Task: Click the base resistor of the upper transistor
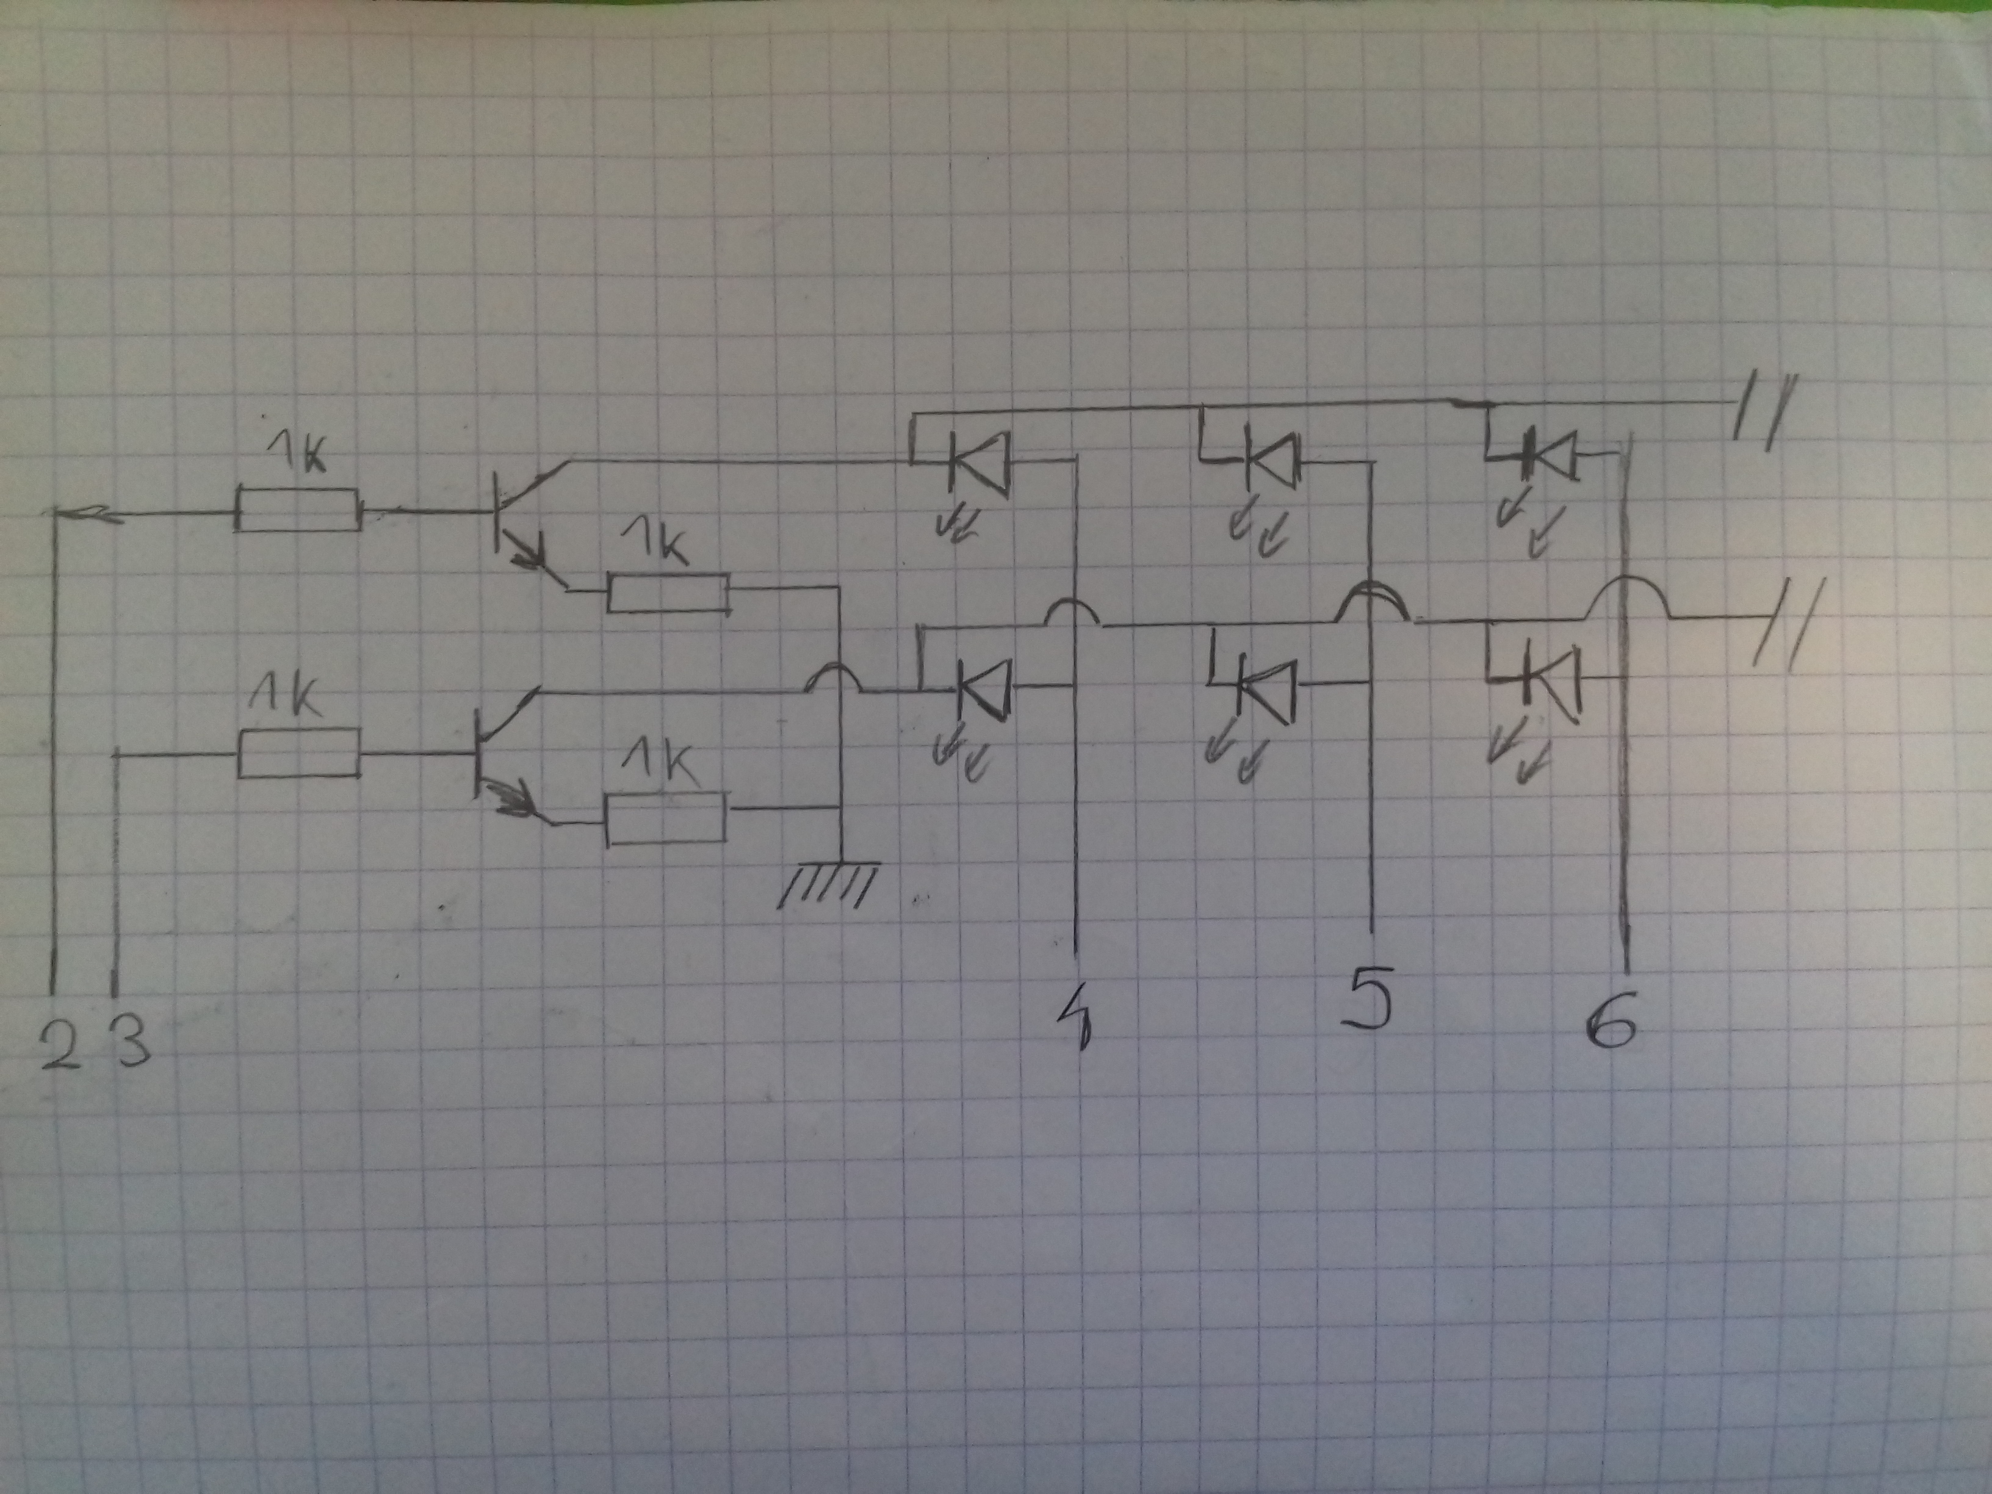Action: coord(298,511)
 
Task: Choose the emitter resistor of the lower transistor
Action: coord(666,818)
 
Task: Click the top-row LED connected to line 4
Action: coord(980,461)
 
